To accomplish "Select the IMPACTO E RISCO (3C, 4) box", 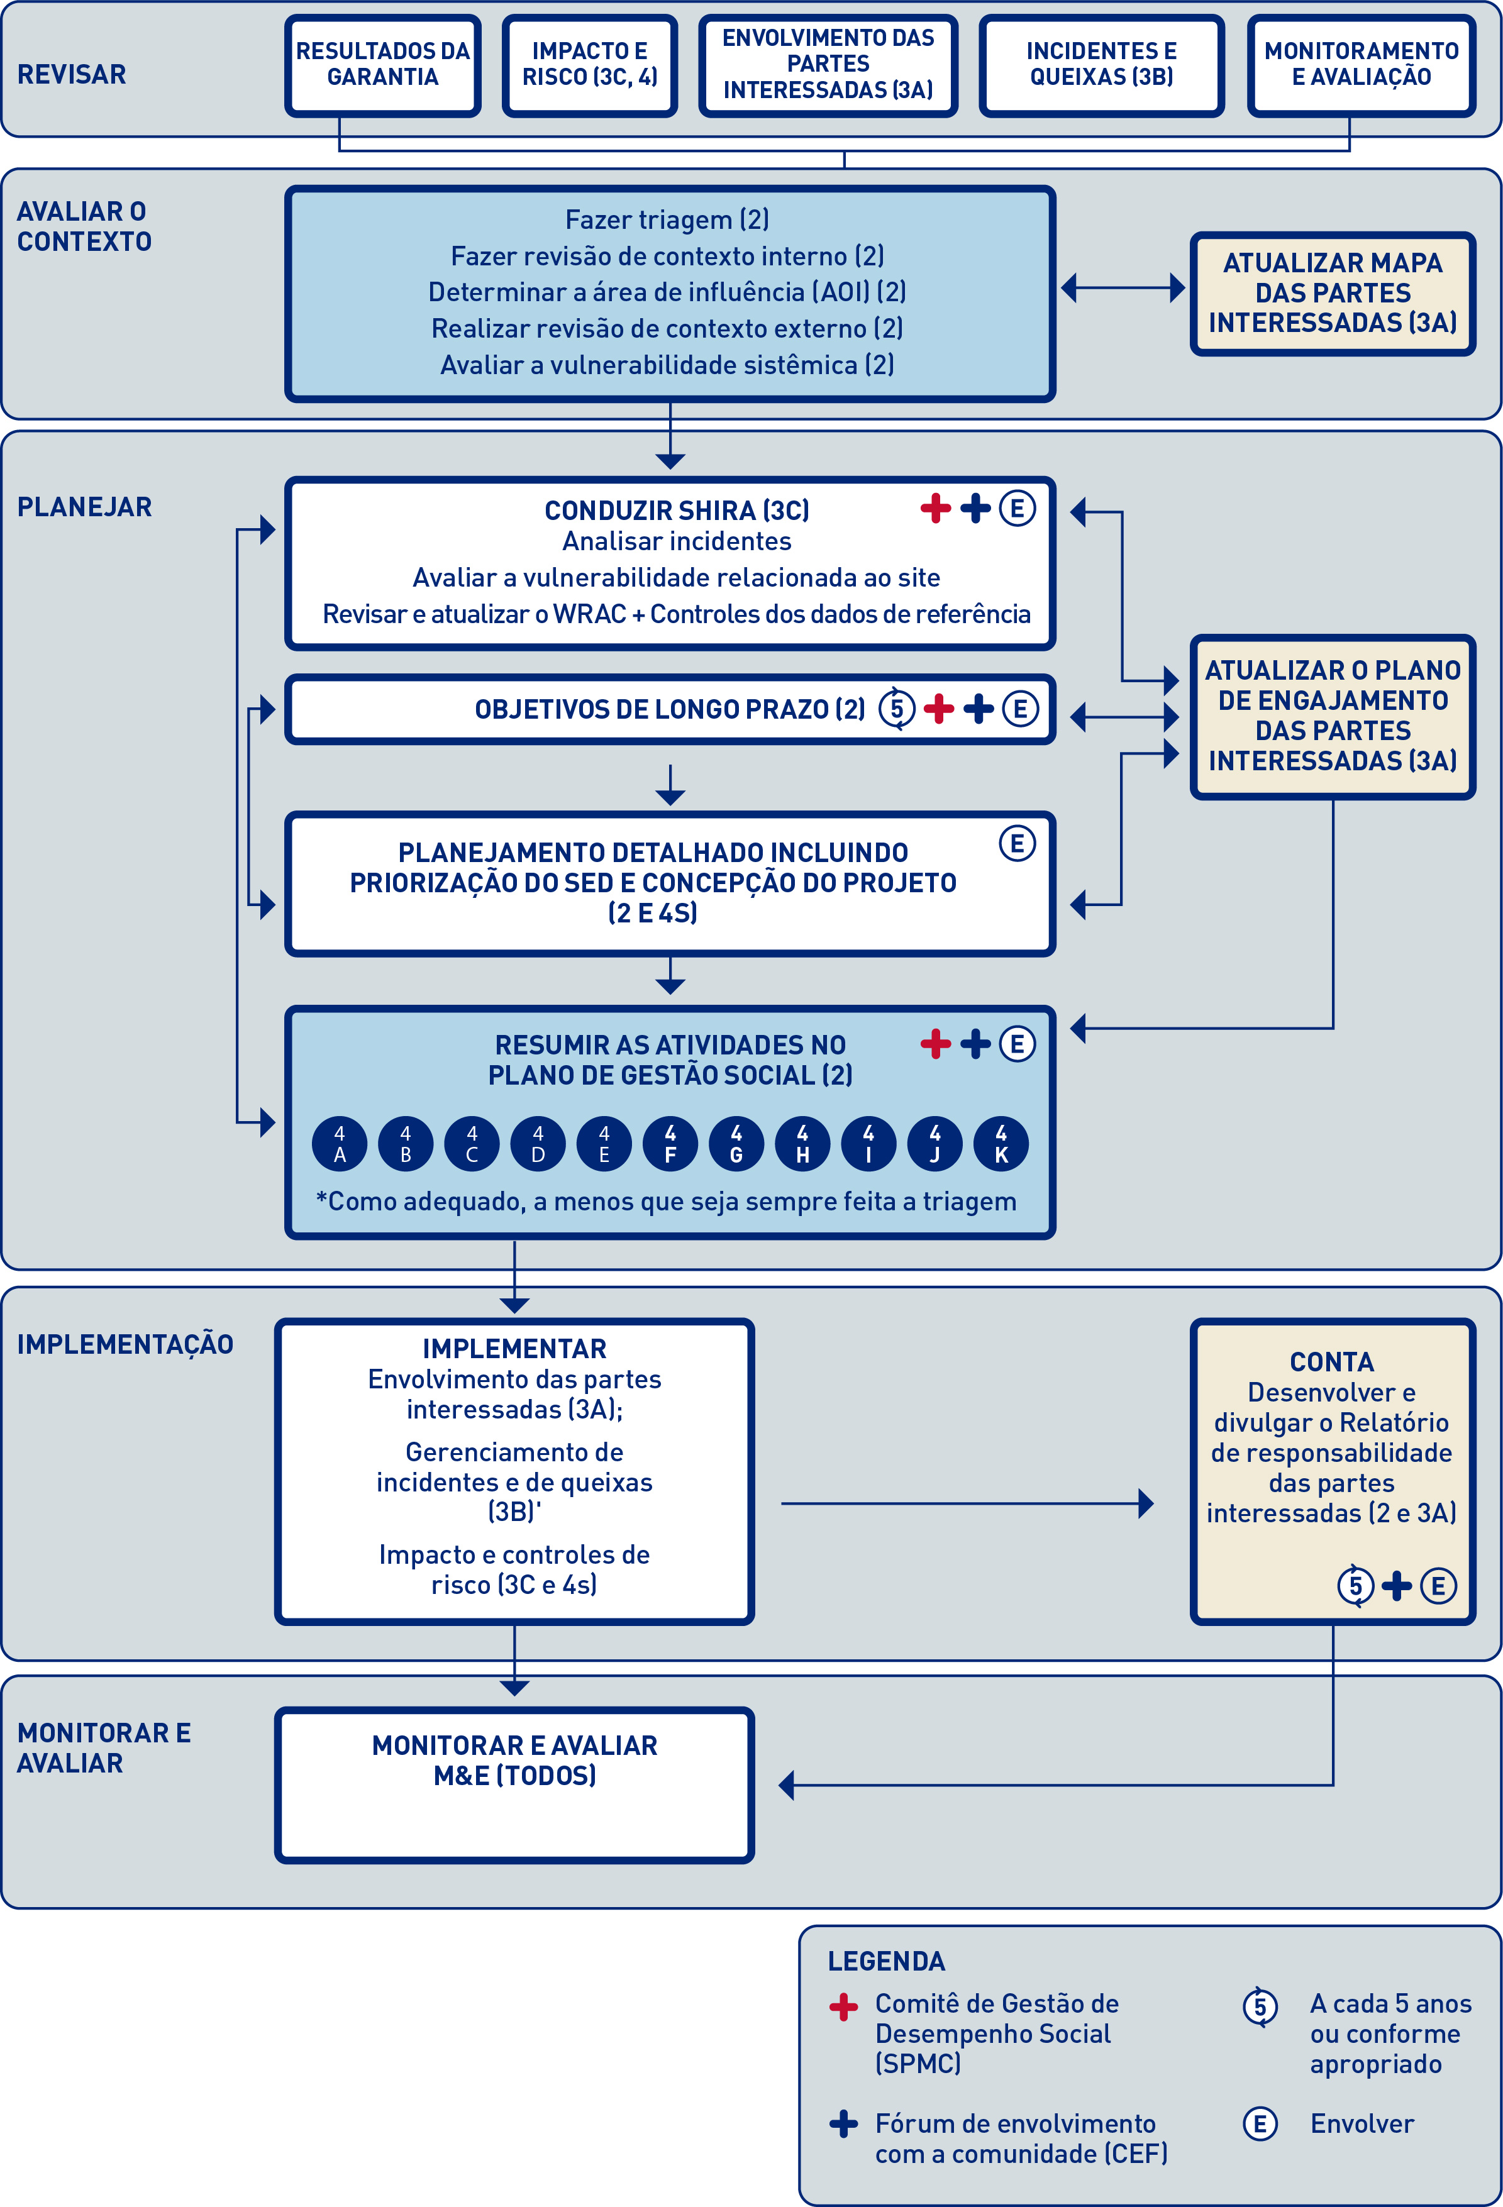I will click(x=589, y=65).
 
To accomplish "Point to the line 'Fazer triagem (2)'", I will click(x=667, y=220).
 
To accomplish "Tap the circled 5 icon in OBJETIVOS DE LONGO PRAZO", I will click(x=896, y=709).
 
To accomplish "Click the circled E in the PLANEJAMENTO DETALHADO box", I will click(x=1016, y=843).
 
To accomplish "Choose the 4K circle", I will click(x=1001, y=1143).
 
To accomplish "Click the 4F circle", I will click(x=670, y=1143).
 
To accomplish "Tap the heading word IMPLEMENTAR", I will click(x=514, y=1349).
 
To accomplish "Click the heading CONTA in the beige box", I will click(x=1331, y=1362).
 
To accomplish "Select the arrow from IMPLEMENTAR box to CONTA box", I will click(x=964, y=1503).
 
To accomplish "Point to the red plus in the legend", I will click(x=843, y=2006).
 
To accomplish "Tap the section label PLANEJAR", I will click(x=84, y=507).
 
